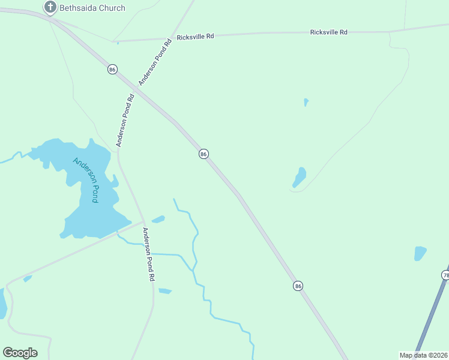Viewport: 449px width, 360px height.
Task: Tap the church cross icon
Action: pos(50,7)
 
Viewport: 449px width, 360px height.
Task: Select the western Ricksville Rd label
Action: pos(195,37)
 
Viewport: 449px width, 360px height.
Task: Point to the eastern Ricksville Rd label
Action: pos(328,32)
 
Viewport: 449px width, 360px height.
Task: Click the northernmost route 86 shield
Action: pos(112,70)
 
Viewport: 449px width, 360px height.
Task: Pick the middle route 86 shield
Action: pos(203,154)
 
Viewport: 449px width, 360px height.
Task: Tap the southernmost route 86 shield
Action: pos(298,286)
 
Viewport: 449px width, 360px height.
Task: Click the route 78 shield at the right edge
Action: pos(445,275)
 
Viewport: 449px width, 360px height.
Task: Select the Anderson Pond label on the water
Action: pos(85,179)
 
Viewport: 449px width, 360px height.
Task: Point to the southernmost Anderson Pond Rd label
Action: pos(148,254)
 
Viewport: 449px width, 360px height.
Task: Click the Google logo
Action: pos(20,352)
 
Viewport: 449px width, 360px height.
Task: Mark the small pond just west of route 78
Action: pos(420,253)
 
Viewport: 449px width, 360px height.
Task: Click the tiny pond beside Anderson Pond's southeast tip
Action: pos(158,219)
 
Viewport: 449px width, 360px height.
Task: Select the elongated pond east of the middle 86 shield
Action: pos(299,178)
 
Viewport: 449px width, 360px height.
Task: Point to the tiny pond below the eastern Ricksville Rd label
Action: pos(306,102)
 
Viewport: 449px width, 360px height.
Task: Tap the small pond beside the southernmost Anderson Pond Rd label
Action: pos(165,291)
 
